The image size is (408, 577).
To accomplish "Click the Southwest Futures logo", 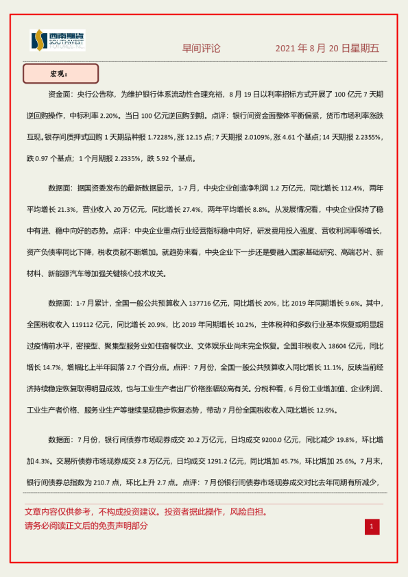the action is click(58, 40).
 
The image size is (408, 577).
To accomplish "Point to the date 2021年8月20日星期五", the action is click(327, 49).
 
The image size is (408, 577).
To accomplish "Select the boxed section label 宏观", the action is click(60, 73).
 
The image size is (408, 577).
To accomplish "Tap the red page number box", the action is click(371, 526).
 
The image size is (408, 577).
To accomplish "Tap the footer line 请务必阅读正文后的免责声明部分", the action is click(86, 526).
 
